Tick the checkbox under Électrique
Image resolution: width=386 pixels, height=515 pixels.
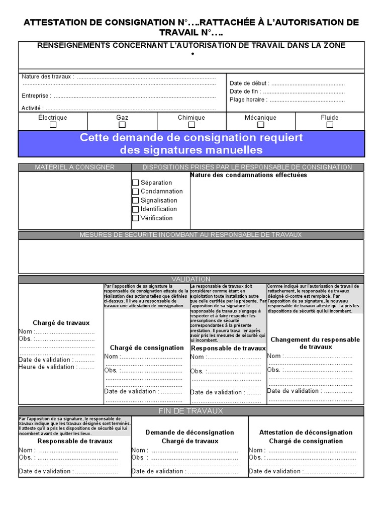pos(53,125)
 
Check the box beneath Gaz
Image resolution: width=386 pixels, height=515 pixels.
pos(122,125)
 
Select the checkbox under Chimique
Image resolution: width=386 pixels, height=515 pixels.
pos(191,125)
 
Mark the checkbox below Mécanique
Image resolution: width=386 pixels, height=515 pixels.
pos(260,125)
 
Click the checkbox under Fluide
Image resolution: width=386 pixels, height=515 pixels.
pos(330,125)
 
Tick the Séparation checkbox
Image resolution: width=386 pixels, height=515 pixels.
pos(136,183)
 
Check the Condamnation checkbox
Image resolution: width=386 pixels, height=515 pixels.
pos(136,192)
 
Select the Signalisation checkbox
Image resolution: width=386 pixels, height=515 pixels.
pos(136,200)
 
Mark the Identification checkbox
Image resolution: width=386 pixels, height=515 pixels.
pos(136,209)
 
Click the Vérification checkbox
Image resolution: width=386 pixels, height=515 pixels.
pos(136,218)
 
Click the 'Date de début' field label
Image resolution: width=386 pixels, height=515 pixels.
pos(249,83)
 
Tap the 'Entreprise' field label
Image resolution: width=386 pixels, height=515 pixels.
pos(36,96)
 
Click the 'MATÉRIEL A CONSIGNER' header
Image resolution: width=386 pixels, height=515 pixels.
pos(74,167)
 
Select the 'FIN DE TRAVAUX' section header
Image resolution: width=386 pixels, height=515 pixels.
pos(191,411)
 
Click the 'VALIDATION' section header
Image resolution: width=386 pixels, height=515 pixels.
pos(191,279)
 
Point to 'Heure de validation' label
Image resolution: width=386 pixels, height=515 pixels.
pos(48,367)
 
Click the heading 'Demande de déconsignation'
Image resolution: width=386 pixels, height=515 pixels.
pos(189,433)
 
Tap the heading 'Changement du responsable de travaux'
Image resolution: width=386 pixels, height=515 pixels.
pos(315,343)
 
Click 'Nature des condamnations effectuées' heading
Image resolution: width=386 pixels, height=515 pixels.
pos(248,176)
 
